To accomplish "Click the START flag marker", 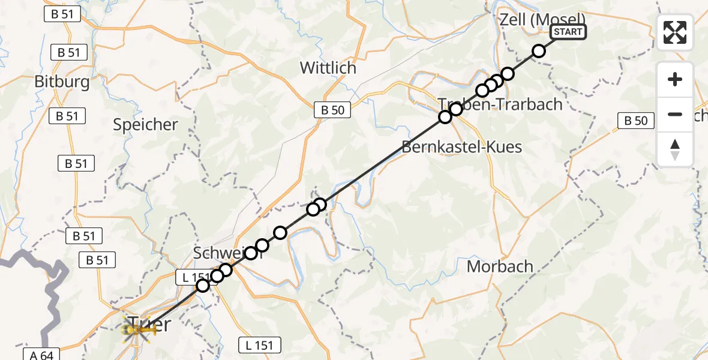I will pyautogui.click(x=568, y=32).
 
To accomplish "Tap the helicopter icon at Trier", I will pyautogui.click(x=137, y=328).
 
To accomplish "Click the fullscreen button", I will pyautogui.click(x=675, y=32).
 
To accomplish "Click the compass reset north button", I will pyautogui.click(x=675, y=149).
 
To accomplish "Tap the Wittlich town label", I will pyautogui.click(x=328, y=68).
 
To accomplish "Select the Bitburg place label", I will pyautogui.click(x=62, y=82).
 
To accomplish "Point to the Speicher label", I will pyautogui.click(x=146, y=125).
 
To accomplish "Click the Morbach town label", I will pyautogui.click(x=500, y=266).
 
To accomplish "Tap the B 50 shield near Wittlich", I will pyautogui.click(x=332, y=110).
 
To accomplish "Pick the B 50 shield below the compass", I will pyautogui.click(x=636, y=121).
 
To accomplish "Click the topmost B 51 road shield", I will pyautogui.click(x=62, y=14).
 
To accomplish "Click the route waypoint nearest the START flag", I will pyautogui.click(x=539, y=51).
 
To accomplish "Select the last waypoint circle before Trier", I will pyautogui.click(x=203, y=286).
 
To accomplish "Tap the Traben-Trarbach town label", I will pyautogui.click(x=500, y=104).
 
